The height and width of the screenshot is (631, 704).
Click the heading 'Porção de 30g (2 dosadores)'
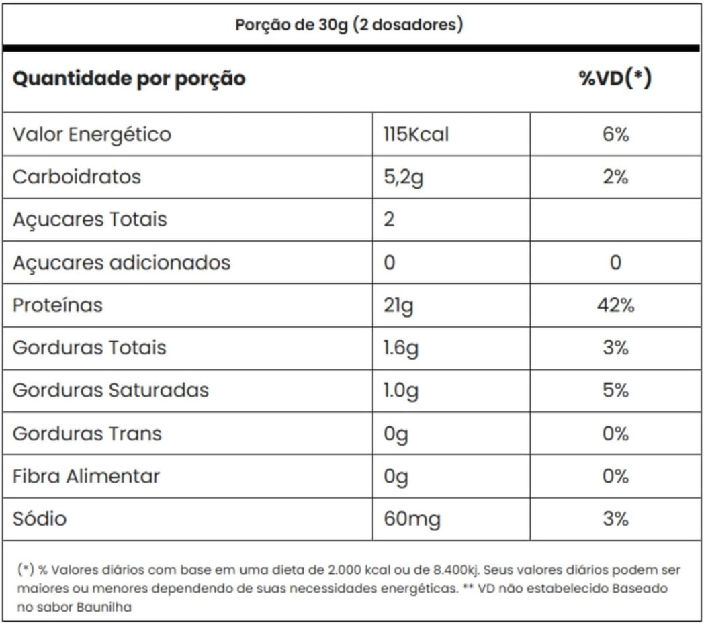click(349, 25)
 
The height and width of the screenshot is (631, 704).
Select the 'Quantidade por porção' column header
click(129, 79)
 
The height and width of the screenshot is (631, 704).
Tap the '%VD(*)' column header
click(615, 79)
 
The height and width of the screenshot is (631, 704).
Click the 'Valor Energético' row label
click(92, 134)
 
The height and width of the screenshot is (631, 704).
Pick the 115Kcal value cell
click(416, 134)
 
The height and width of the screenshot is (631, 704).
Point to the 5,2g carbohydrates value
click(403, 177)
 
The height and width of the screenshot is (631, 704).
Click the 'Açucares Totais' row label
click(90, 220)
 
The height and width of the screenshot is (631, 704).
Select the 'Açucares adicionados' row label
click(122, 262)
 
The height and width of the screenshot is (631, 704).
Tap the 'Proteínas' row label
click(58, 305)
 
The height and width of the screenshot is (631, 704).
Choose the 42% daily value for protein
click(615, 305)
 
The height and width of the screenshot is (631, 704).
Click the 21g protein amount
click(398, 305)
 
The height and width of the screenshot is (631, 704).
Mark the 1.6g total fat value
click(401, 348)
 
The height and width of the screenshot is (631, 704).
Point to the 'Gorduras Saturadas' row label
click(111, 391)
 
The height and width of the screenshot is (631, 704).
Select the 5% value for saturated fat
click(615, 391)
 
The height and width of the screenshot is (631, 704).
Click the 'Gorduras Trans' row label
click(87, 434)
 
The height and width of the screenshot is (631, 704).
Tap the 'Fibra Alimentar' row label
click(87, 477)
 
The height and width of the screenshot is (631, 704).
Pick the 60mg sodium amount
click(412, 519)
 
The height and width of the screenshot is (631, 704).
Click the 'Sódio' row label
click(40, 519)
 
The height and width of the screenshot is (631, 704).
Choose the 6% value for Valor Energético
click(615, 134)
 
